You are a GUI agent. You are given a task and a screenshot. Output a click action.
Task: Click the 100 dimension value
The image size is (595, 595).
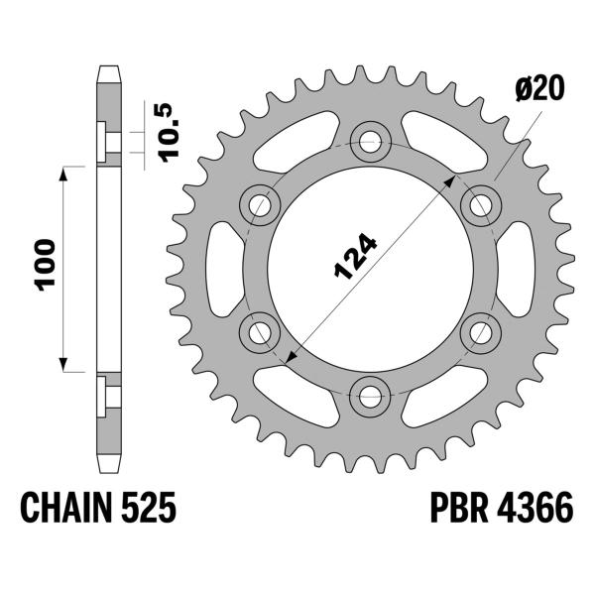tap(47, 265)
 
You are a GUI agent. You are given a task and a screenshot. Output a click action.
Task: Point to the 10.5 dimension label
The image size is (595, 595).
tap(167, 129)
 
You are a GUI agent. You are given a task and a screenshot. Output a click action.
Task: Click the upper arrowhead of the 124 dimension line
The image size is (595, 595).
tap(452, 184)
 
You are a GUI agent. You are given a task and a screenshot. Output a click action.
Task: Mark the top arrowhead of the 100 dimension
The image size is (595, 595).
tap(66, 173)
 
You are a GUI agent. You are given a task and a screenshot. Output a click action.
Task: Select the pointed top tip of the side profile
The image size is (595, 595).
tap(109, 68)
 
